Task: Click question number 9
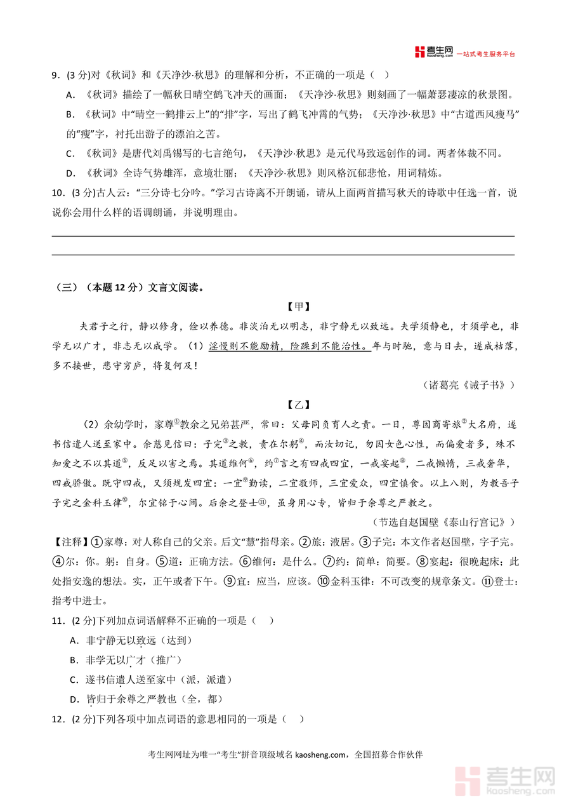[x=55, y=76]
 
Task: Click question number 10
[x=57, y=193]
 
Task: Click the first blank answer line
[x=283, y=236]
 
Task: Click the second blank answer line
[x=283, y=255]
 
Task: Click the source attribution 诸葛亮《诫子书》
[x=468, y=385]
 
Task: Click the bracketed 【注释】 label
[x=69, y=542]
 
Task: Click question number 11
[x=58, y=621]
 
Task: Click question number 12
[x=58, y=719]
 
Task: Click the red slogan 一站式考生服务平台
[x=487, y=55]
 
